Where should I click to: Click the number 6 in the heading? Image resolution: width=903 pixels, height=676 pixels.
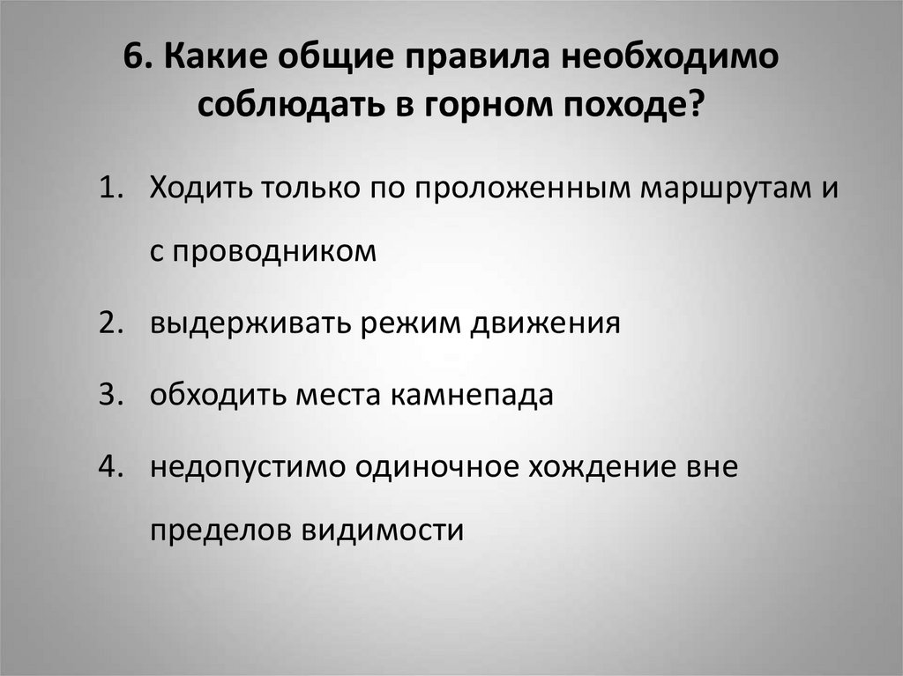(131, 59)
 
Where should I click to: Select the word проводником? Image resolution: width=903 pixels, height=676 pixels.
(275, 251)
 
